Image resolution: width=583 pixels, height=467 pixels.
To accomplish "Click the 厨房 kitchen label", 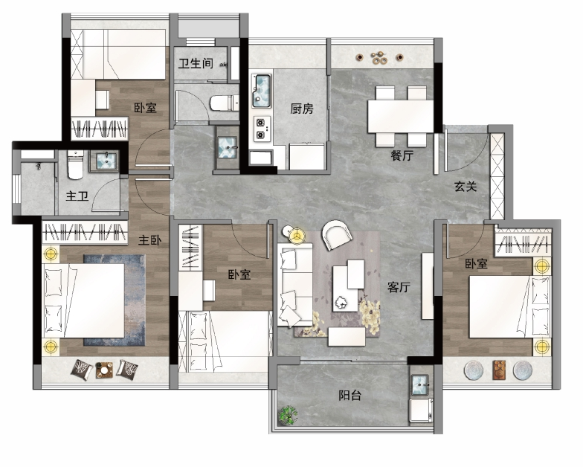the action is coord(302,109).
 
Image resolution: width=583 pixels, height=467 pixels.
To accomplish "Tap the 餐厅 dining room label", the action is coord(402,155).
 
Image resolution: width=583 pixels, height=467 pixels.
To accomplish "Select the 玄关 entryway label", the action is coord(466,186).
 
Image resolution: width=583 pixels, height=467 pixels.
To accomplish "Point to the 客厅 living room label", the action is coord(399,287).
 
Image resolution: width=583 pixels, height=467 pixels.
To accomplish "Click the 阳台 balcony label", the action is coord(350,395).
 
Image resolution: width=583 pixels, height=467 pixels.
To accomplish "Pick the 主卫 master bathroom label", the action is coord(77,196).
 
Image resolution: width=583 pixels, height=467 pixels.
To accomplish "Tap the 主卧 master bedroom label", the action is coord(150,240).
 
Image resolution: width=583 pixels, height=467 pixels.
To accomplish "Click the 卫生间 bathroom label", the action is coord(196,63).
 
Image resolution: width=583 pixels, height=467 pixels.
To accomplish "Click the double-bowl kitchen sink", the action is coord(262,91).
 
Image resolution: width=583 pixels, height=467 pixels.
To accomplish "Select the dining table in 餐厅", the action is coord(401,116).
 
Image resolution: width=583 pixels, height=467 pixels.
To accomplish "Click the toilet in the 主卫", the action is coord(76,165).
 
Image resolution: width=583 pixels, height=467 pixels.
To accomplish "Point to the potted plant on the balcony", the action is coord(289,415).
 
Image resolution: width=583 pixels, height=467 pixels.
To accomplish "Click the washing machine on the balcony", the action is coord(421,410).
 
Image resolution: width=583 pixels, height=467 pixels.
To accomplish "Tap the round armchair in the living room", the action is coord(337,234).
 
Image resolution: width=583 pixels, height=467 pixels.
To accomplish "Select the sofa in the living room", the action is coord(294,285).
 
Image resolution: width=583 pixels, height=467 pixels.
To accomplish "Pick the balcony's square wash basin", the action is coord(421,384).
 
